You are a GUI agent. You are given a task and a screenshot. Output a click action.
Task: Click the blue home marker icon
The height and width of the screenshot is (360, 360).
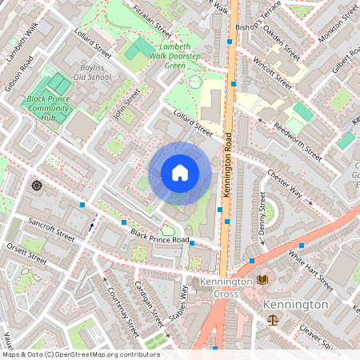pyautogui.click(x=180, y=172)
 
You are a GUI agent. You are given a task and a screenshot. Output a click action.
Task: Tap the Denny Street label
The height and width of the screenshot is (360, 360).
pyautogui.click(x=262, y=214)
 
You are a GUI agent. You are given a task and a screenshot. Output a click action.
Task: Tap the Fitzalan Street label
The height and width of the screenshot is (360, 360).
pyautogui.click(x=152, y=21)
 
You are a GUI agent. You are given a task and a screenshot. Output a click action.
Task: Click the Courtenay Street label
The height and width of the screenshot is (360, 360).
pyautogui.click(x=122, y=312)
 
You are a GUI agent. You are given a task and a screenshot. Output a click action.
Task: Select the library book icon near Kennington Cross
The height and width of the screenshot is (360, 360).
pyautogui.click(x=262, y=279)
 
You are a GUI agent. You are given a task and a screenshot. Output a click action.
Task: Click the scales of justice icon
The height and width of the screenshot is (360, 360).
pyautogui.click(x=273, y=319)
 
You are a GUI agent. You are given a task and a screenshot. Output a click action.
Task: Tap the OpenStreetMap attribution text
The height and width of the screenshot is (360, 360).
pyautogui.click(x=80, y=354)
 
